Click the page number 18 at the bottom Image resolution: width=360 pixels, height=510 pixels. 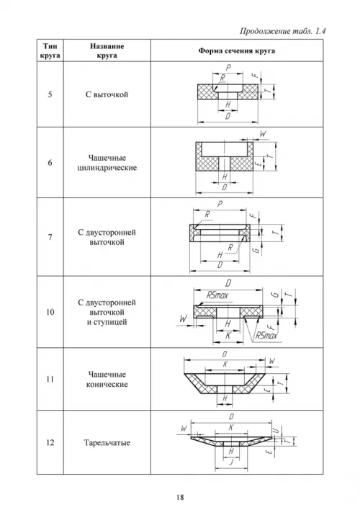tap(180, 496)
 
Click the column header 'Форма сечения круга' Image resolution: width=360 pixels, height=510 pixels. tap(237, 50)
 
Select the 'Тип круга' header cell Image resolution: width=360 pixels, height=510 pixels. tap(50, 50)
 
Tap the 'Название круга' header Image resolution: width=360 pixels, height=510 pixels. tap(107, 50)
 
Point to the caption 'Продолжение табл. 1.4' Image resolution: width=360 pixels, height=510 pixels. tap(283, 31)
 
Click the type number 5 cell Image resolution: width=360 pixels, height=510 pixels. tap(50, 94)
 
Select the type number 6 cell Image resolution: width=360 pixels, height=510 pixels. tap(50, 163)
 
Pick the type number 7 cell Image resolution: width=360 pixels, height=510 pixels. tap(50, 237)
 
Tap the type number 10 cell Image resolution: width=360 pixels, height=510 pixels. tap(50, 312)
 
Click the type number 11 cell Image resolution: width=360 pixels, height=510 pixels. tap(50, 379)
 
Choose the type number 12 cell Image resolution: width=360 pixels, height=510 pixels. tap(50, 443)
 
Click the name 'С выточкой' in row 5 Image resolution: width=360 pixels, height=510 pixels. tap(107, 94)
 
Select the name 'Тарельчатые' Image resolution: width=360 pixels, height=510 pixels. tap(107, 443)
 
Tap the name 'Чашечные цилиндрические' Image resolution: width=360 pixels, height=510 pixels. tap(107, 163)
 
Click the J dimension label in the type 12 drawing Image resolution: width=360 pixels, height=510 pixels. tap(231, 462)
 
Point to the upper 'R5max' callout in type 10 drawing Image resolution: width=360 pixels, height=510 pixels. tap(217, 295)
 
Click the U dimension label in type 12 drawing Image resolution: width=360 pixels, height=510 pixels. tap(276, 431)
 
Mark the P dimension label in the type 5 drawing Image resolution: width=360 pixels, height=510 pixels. tap(228, 68)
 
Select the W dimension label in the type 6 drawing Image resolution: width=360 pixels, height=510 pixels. tap(263, 134)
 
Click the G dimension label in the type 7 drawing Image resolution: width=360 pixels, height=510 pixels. tap(256, 250)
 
